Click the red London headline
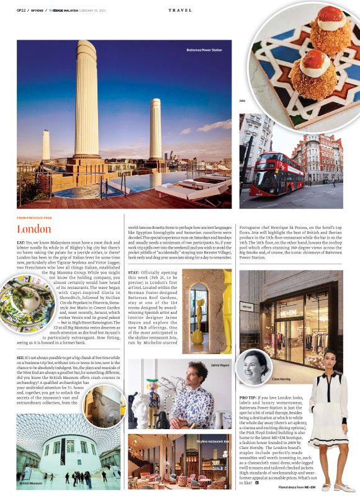(x=34, y=228)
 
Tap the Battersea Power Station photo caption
(x=204, y=50)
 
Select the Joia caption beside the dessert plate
(x=243, y=100)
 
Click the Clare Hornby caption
(x=281, y=378)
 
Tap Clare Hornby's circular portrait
(x=254, y=365)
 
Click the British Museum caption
(x=31, y=482)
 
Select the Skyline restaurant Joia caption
(x=214, y=441)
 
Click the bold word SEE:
(x=21, y=358)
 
